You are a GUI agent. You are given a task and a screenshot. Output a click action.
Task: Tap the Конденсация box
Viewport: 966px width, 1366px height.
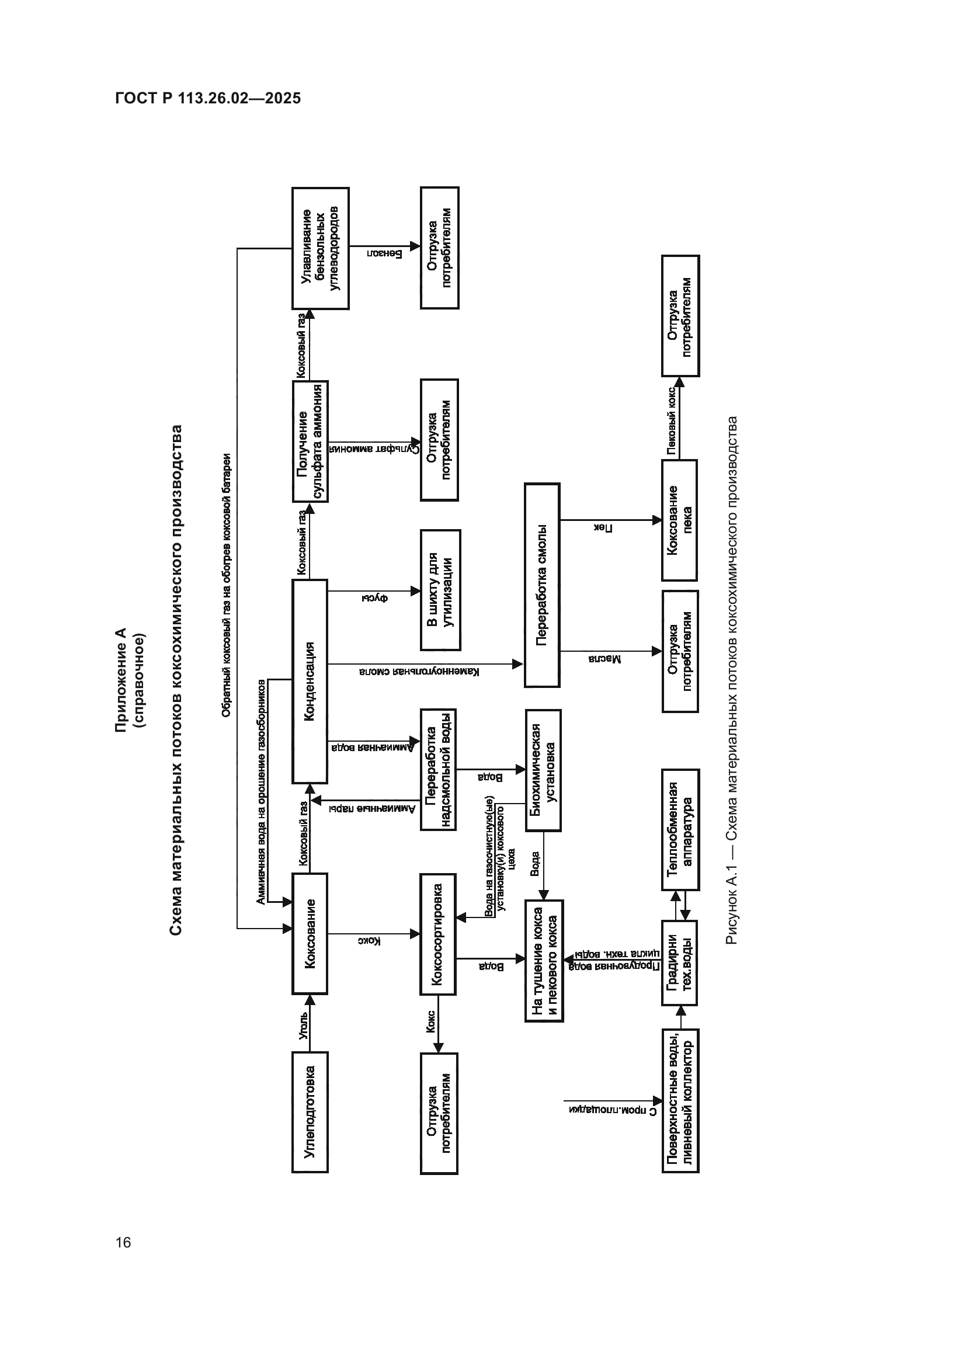click(x=310, y=681)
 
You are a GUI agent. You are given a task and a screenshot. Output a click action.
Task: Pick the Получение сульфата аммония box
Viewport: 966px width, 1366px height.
click(x=311, y=442)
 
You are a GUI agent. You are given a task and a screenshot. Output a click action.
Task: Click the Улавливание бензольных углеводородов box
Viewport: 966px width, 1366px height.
click(x=320, y=248)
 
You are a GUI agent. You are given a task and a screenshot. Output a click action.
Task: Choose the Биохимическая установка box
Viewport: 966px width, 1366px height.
click(x=543, y=770)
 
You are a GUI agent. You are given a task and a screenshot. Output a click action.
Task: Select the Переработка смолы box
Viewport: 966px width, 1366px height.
click(x=542, y=585)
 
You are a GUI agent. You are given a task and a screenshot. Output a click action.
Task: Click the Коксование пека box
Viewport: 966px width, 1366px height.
click(x=679, y=520)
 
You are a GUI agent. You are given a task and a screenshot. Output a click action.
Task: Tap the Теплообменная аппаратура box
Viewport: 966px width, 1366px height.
click(x=680, y=829)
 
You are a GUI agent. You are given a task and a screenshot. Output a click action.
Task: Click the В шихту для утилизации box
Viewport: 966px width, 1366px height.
click(x=440, y=590)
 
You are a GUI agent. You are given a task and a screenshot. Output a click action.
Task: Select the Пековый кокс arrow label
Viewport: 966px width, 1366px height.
click(x=671, y=420)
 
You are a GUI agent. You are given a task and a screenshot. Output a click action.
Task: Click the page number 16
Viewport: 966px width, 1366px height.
click(x=123, y=1242)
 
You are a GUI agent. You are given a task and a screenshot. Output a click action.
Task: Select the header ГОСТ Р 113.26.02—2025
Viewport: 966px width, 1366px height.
click(x=208, y=98)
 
